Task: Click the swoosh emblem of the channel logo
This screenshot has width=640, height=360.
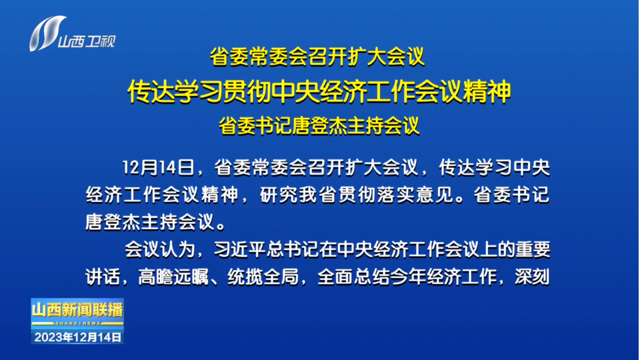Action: point(46,33)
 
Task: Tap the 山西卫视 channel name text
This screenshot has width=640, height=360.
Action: point(87,41)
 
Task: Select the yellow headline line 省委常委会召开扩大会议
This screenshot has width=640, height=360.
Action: point(317,57)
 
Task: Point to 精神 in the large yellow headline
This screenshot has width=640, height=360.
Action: point(487,91)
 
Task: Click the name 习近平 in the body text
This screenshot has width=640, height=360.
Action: point(240,249)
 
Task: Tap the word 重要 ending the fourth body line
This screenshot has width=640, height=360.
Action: point(533,249)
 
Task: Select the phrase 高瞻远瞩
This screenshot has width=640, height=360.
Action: point(173,277)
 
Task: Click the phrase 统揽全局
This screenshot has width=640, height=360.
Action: point(263,277)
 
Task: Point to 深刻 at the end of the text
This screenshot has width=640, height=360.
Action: point(532,277)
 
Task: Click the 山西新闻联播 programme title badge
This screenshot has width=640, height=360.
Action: point(77,310)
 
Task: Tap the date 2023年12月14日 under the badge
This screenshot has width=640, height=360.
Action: point(77,337)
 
